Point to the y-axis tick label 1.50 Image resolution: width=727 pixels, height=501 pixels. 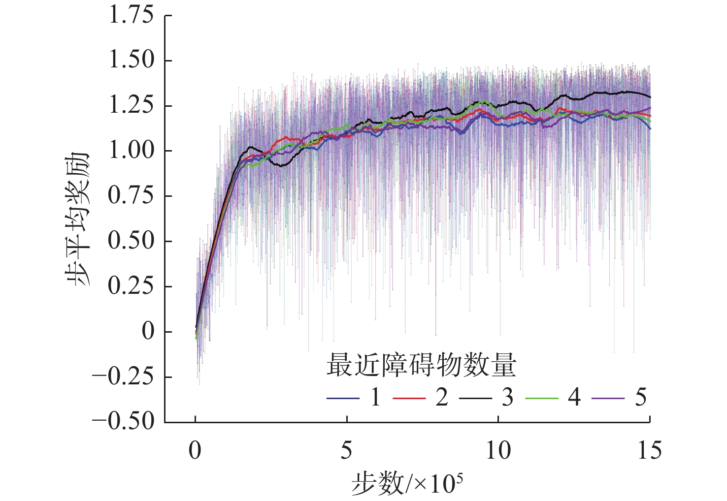tap(131, 61)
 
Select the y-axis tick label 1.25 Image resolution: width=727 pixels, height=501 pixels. tap(131, 106)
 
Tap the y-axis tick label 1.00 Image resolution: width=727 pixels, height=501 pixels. tap(131, 151)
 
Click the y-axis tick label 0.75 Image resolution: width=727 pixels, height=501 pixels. tap(131, 196)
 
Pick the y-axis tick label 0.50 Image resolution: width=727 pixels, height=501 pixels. tap(131, 241)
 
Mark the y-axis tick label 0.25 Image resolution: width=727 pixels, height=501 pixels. tap(131, 286)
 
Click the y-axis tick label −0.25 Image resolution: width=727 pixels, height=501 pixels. tap(123, 377)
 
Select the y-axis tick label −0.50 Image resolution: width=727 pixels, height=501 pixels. tap(123, 422)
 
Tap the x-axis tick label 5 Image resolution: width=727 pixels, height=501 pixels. tap(347, 450)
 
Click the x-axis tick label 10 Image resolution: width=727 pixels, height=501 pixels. tap(498, 450)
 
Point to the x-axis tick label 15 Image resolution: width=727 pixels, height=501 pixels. tap(649, 450)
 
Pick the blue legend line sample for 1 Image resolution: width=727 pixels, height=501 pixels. tap(343, 398)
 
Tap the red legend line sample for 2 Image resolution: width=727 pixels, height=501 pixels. tap(409, 398)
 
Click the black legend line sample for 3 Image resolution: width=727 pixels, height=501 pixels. tap(475, 398)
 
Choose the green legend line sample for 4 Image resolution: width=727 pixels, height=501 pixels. tap(542, 398)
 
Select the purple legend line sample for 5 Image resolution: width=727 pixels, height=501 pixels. tap(608, 398)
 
